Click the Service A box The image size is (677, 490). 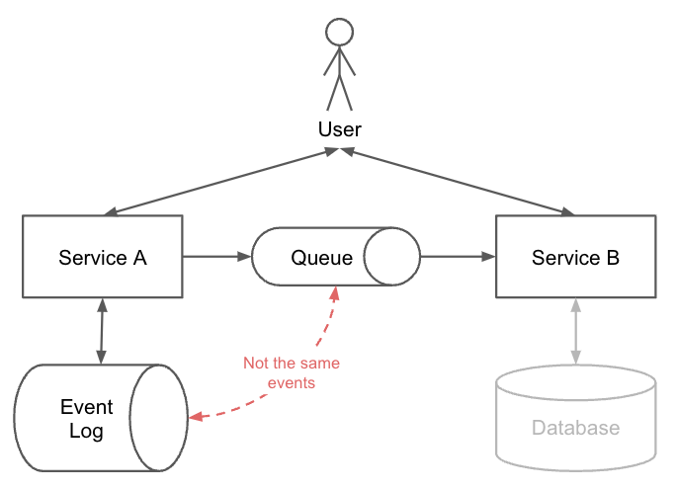102,257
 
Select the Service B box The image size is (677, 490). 575,257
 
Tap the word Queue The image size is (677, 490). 321,258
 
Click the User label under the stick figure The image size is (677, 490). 339,129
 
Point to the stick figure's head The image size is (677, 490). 339,32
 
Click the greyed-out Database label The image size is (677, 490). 575,428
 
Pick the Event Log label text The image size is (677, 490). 87,419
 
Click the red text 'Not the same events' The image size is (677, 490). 292,372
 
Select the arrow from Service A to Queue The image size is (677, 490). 216,257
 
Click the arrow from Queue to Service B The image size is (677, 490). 458,257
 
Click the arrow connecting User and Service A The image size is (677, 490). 217,182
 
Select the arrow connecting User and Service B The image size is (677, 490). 458,182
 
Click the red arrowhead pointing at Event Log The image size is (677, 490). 196,417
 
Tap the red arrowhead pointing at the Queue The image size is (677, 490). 334,293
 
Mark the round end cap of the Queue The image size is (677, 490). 391,258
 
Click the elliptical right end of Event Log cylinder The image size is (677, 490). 159,417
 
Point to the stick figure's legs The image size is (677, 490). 339,91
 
